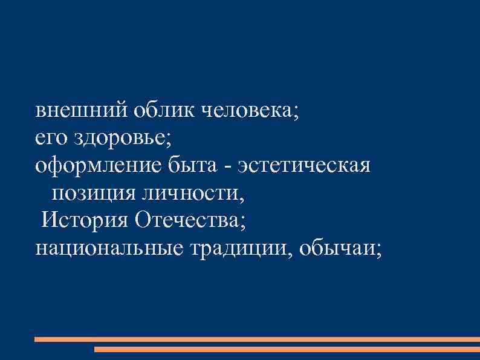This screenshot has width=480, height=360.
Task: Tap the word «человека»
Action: point(248,111)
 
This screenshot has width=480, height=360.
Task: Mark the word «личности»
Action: point(192,194)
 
